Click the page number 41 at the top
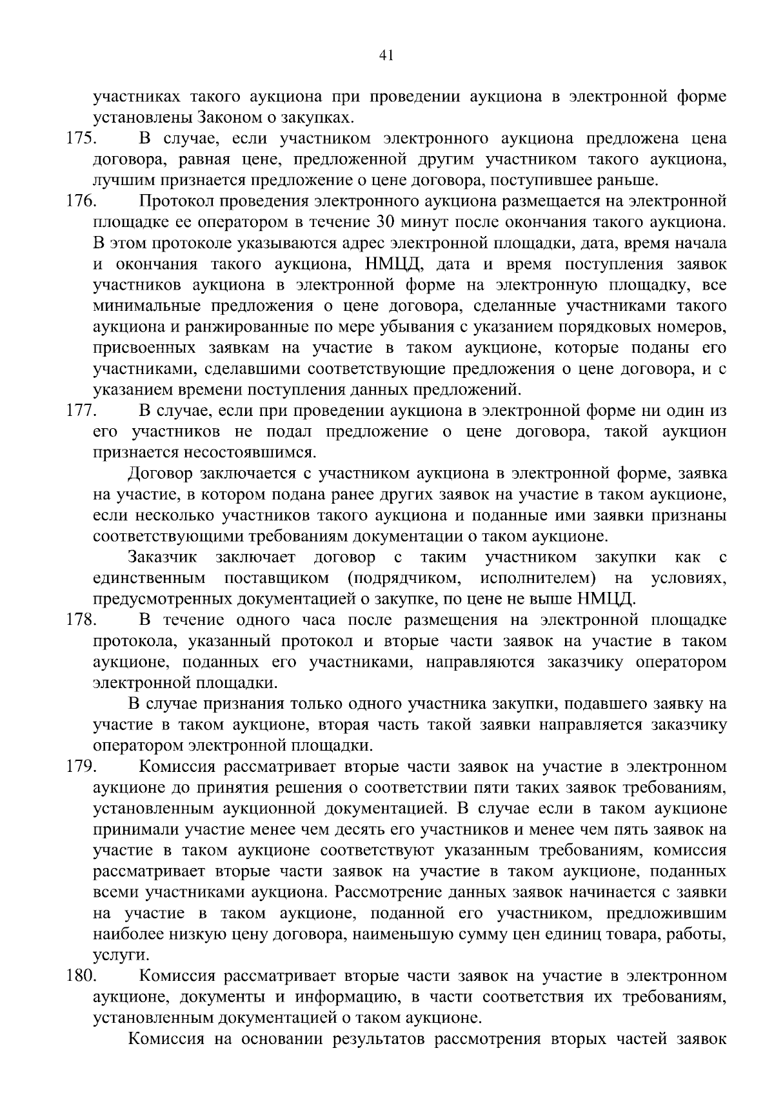click(386, 56)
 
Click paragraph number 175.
click(81, 139)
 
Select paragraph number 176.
click(81, 202)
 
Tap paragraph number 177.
click(81, 411)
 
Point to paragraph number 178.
click(81, 620)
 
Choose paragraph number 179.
click(81, 767)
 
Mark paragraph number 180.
click(81, 976)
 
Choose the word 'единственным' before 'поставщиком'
click(150, 578)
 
